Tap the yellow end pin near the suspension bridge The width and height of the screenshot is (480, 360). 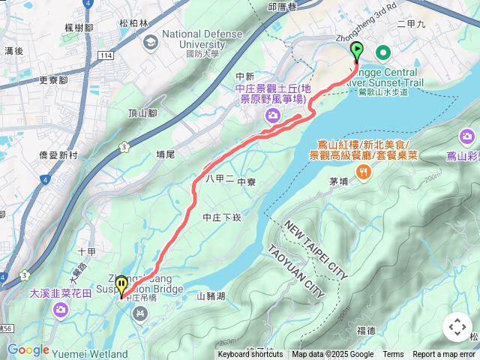pyautogui.click(x=121, y=287)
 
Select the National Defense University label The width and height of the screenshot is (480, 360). pyautogui.click(x=202, y=39)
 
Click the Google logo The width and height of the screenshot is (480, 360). pyautogui.click(x=28, y=349)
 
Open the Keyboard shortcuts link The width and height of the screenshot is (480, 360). pyautogui.click(x=250, y=355)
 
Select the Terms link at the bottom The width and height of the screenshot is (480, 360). pyautogui.click(x=393, y=355)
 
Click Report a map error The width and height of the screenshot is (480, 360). pyautogui.click(x=445, y=355)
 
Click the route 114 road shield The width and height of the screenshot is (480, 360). pyautogui.click(x=105, y=55)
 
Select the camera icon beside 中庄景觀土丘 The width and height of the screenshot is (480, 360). pyautogui.click(x=271, y=115)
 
